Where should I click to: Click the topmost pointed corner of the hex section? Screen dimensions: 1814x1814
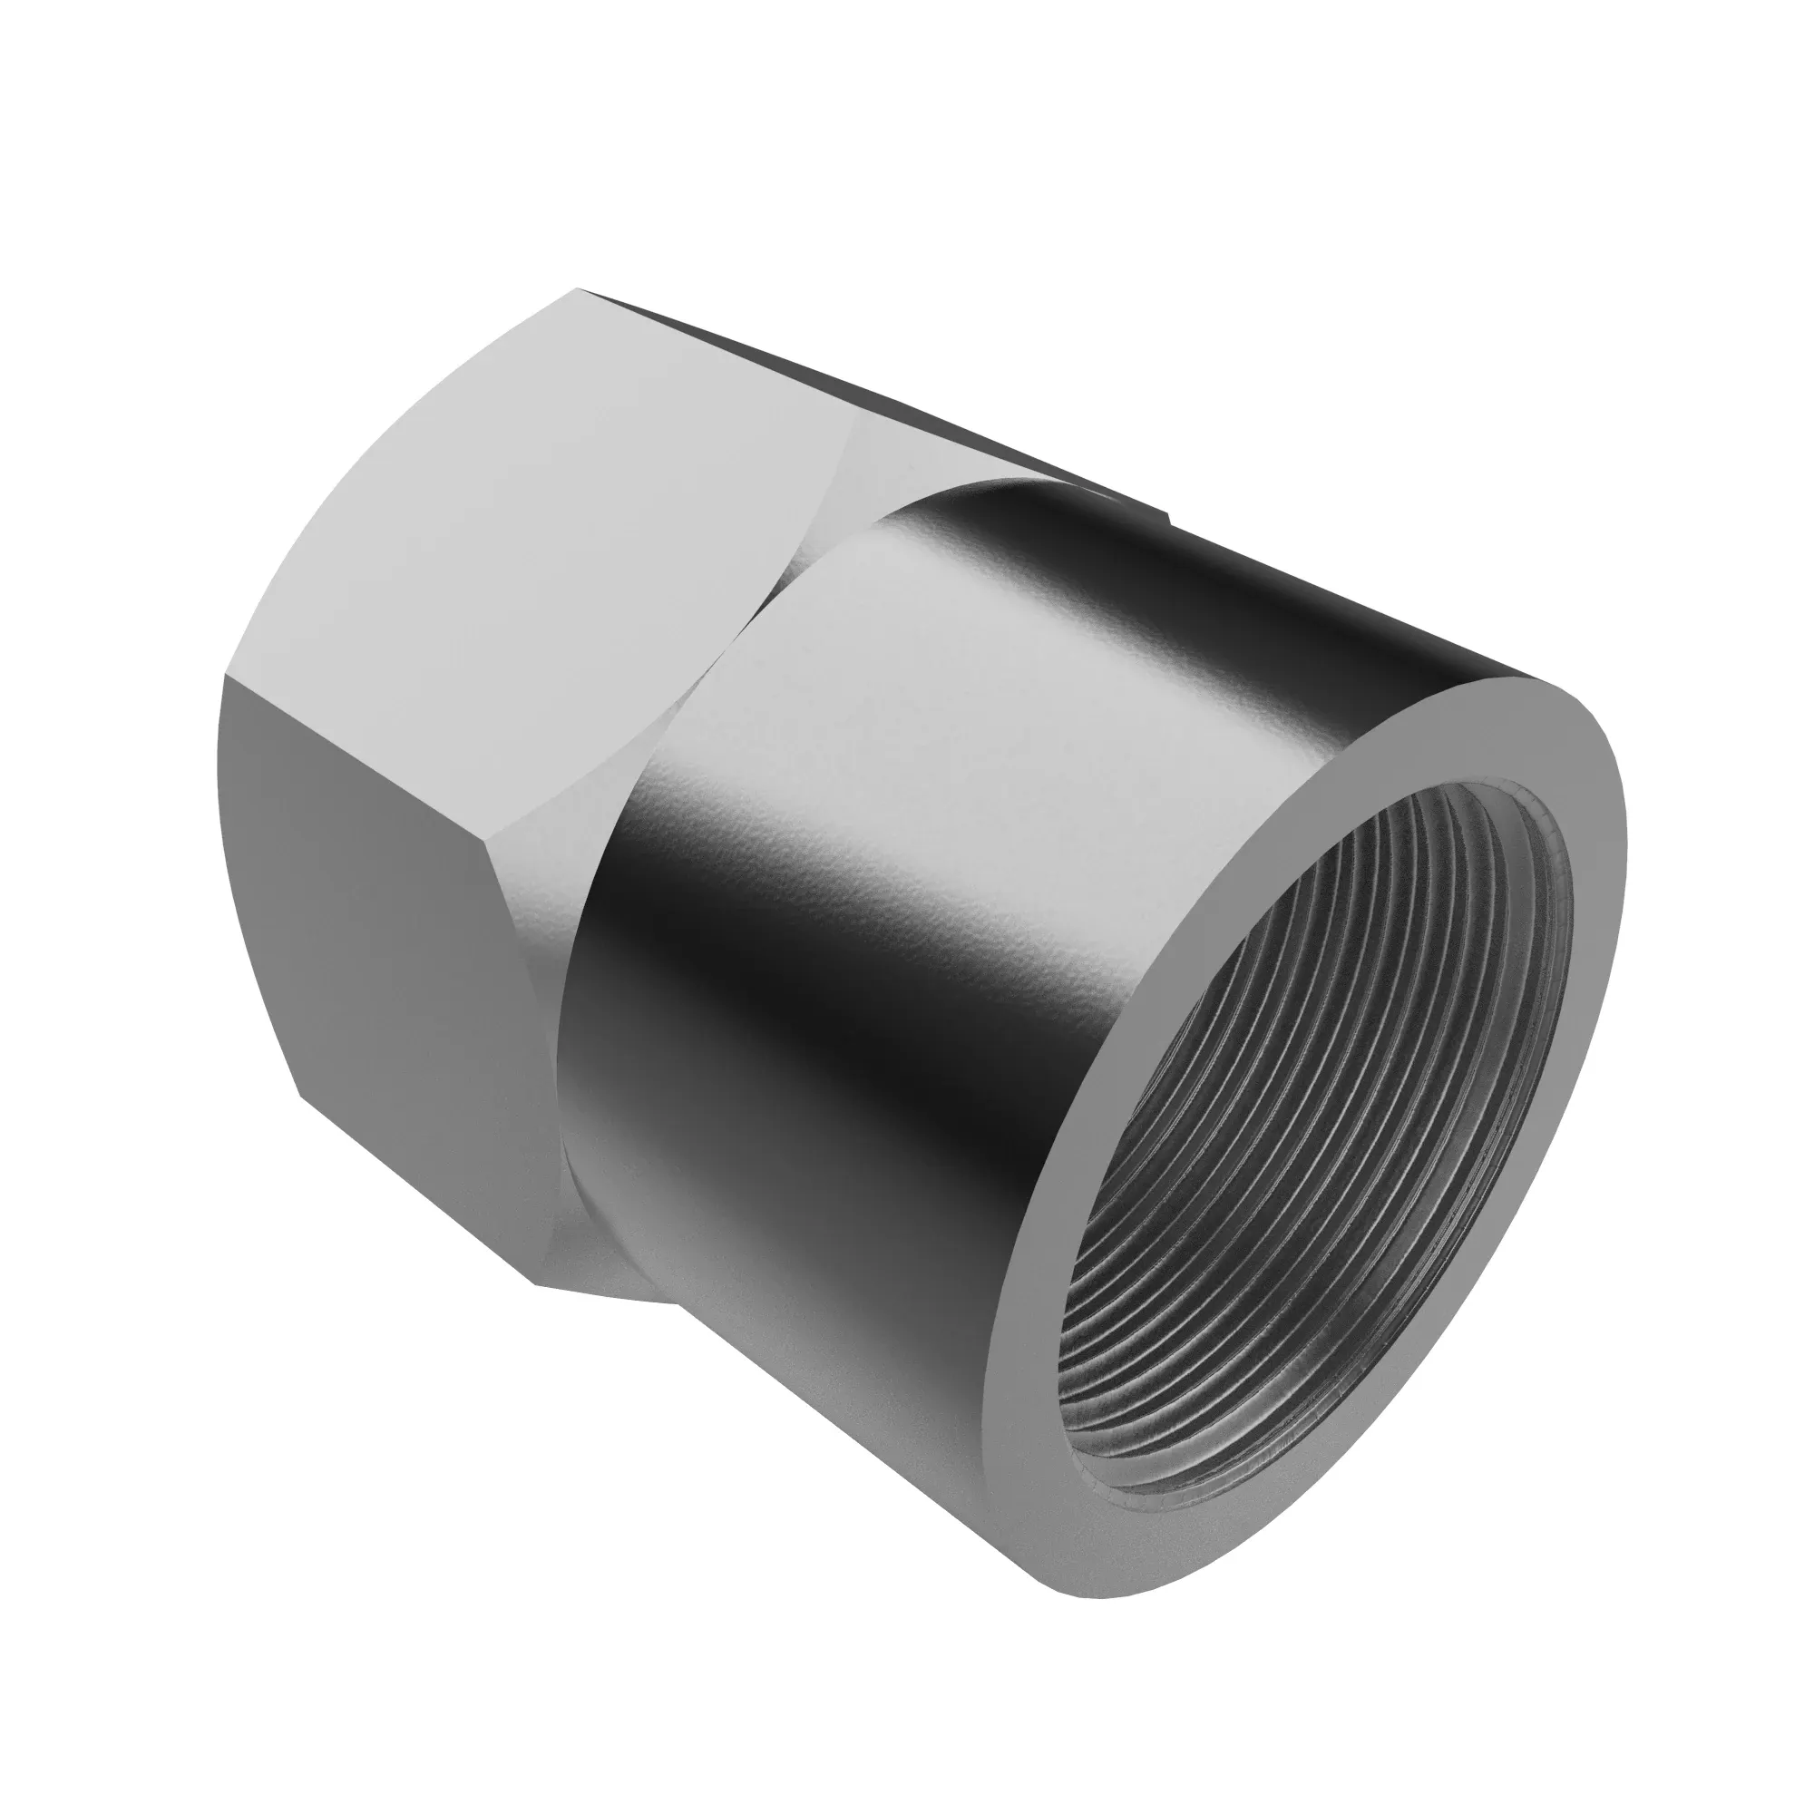(578, 289)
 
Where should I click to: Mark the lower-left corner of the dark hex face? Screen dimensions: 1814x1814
(300, 1094)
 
